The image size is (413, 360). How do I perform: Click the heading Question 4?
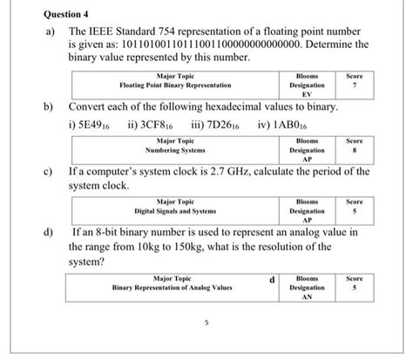(47, 14)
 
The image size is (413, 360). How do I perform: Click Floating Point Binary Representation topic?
(175, 86)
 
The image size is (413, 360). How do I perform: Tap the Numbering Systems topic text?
(176, 150)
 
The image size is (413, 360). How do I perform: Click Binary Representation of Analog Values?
(173, 287)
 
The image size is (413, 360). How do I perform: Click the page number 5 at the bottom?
(206, 323)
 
